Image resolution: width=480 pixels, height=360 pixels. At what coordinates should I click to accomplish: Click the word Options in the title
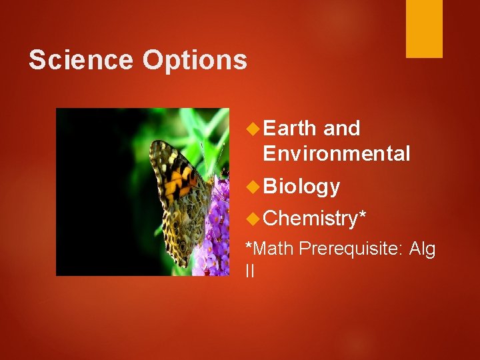tap(194, 61)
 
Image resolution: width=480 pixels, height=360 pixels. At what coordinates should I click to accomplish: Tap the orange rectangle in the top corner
tap(424, 29)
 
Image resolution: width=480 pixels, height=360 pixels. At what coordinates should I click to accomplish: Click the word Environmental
tap(337, 154)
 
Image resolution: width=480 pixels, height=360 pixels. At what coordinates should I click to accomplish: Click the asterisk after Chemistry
tap(363, 215)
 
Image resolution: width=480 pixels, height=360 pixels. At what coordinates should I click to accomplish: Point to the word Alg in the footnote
tap(422, 249)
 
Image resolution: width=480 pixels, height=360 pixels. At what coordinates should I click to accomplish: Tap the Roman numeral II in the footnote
tap(250, 271)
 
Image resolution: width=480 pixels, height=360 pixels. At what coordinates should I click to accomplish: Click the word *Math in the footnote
tap(270, 249)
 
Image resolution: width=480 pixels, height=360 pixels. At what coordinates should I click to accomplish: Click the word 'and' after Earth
tap(342, 128)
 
